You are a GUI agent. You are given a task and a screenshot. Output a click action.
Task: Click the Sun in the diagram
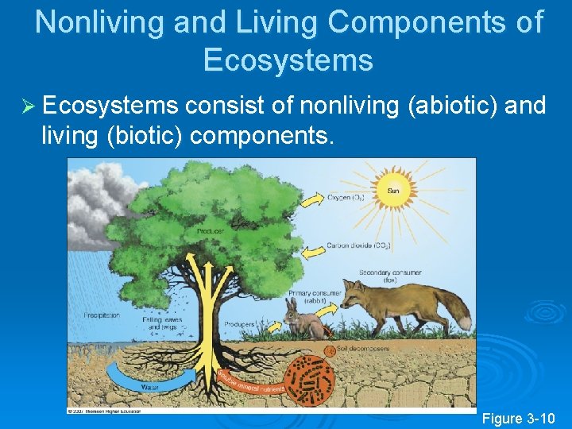pos(393,191)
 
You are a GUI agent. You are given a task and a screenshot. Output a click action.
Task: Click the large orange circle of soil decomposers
pos(310,381)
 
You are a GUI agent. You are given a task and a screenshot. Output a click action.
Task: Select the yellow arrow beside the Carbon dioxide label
pos(305,250)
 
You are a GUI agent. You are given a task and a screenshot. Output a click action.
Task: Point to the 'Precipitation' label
pos(102,315)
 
